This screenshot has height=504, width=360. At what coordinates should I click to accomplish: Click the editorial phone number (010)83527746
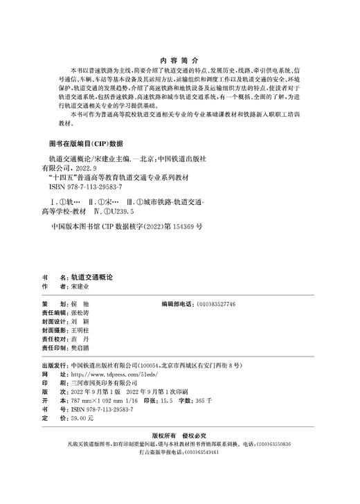point(216,305)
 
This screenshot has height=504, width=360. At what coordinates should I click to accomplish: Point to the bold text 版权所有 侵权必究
point(180,436)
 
